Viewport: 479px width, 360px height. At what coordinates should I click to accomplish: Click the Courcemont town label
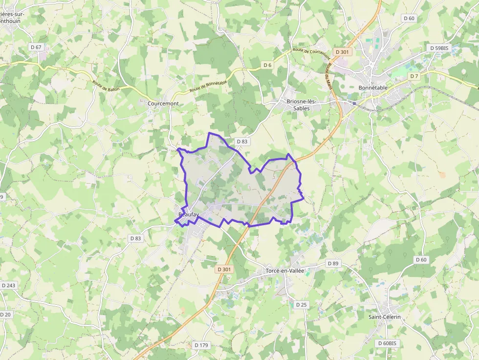pyautogui.click(x=163, y=104)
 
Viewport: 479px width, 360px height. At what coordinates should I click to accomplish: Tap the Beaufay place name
pyautogui.click(x=189, y=214)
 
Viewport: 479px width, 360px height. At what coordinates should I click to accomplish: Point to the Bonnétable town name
pyautogui.click(x=373, y=88)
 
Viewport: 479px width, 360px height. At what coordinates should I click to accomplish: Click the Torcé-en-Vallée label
pyautogui.click(x=285, y=271)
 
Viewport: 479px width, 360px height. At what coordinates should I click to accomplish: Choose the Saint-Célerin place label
pyautogui.click(x=385, y=317)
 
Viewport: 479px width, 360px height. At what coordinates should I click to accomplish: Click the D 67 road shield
pyautogui.click(x=36, y=47)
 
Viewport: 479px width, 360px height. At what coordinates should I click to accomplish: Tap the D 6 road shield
pyautogui.click(x=267, y=65)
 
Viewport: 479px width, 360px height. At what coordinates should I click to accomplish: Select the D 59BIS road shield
pyautogui.click(x=438, y=48)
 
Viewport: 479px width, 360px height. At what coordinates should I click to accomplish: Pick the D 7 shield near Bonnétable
pyautogui.click(x=414, y=76)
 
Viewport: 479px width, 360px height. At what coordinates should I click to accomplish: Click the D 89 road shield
pyautogui.click(x=333, y=263)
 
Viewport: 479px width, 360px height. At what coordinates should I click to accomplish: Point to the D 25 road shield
pyautogui.click(x=302, y=305)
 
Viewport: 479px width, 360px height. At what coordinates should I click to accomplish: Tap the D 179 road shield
pyautogui.click(x=201, y=345)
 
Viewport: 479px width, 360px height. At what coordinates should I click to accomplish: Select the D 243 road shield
pyautogui.click(x=8, y=285)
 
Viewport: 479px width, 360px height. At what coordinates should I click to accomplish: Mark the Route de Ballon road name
pyautogui.click(x=106, y=85)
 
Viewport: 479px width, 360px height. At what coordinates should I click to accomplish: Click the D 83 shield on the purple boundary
pyautogui.click(x=242, y=141)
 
